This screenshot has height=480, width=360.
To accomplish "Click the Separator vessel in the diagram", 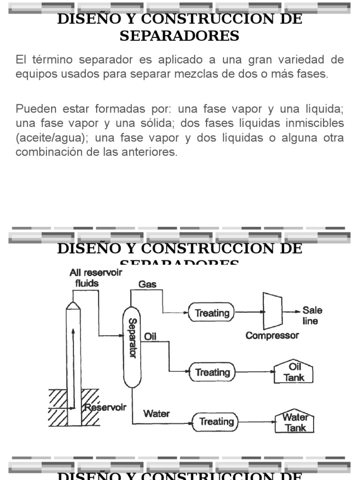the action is point(132,347).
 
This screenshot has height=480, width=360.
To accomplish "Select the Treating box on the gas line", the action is point(211,313).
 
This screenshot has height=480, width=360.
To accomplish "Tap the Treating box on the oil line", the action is point(212,372).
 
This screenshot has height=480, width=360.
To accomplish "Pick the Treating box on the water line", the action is point(216,421).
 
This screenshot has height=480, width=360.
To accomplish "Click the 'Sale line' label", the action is point(312,315).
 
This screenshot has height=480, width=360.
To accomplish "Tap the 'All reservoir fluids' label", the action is point(95,277).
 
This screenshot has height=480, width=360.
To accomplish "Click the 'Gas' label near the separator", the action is point(148,284).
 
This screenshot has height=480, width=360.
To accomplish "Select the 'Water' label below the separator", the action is point(157,413).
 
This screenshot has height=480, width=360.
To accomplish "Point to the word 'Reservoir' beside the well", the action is point(105,407).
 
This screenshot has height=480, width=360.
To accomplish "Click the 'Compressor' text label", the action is point(272,335).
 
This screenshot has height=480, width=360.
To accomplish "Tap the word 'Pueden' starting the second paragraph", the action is point(32,109).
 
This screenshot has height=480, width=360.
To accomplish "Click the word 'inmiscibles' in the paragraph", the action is point(316,123).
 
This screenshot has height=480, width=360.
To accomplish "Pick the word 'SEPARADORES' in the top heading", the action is point(180,36).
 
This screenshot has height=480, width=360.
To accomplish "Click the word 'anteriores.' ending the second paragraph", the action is point(153,152).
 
